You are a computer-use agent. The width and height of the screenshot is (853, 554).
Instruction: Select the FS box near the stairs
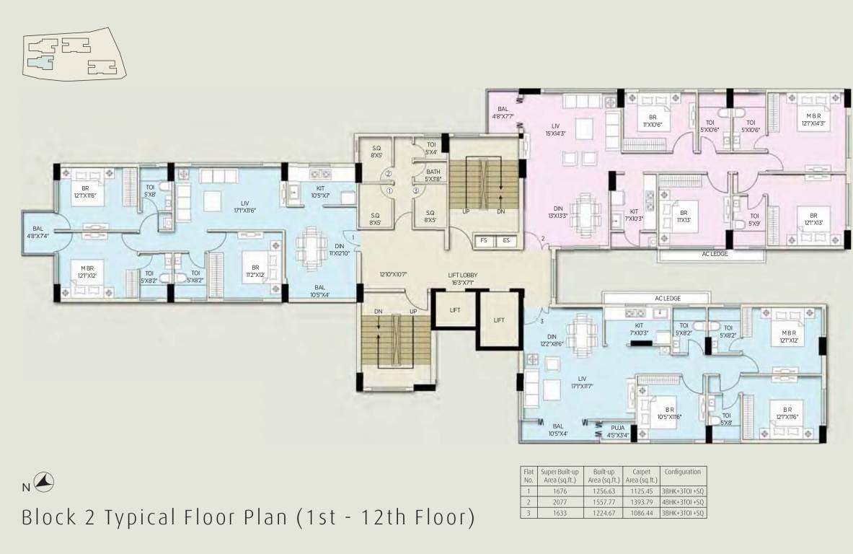click(483, 240)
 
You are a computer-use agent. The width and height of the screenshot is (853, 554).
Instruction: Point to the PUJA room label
click(617, 431)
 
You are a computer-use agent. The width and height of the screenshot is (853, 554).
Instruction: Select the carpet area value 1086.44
click(640, 513)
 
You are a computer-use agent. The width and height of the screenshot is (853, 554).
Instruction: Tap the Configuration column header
click(682, 472)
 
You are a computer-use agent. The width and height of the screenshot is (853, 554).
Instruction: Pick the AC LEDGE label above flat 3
click(667, 298)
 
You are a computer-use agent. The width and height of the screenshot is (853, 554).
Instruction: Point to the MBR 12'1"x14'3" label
click(810, 119)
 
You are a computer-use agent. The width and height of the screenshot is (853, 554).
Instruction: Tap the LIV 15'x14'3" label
click(555, 129)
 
